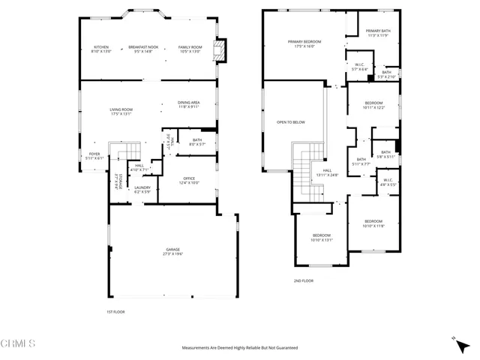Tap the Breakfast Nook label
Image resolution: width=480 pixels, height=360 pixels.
click(142, 46)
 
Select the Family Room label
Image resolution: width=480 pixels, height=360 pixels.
click(190, 46)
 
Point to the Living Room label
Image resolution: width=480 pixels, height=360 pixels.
click(121, 110)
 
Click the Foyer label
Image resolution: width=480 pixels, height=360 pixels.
click(94, 154)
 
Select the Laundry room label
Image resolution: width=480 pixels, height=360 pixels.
click(142, 187)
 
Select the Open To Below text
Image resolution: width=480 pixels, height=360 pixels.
click(290, 121)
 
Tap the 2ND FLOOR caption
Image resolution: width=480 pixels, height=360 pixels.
click(303, 280)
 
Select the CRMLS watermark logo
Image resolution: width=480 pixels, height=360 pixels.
click(19, 344)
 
